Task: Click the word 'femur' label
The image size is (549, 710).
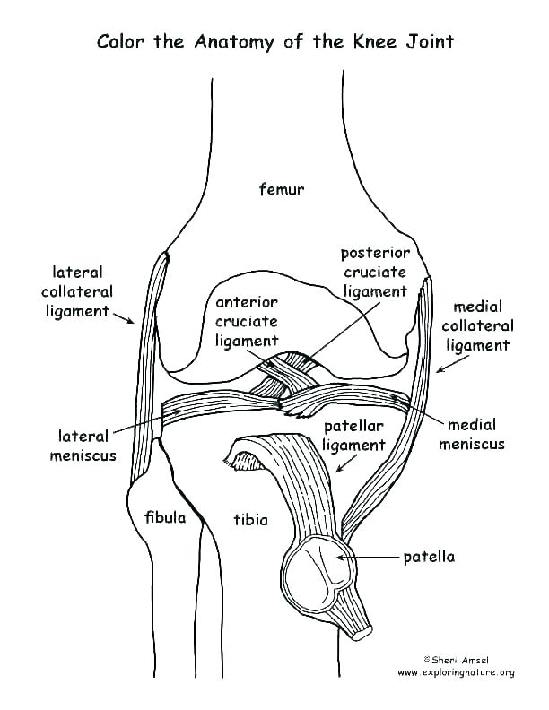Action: pos(282,189)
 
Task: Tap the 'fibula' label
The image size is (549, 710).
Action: pos(164,517)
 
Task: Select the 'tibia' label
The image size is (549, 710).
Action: pos(250,519)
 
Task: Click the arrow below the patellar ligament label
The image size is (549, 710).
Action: pos(343,463)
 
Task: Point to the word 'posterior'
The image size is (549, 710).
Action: pos(375,253)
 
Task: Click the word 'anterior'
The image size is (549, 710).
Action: pos(247,302)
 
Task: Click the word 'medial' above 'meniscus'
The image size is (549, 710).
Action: pos(471,424)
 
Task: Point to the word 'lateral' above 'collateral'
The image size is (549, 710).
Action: pos(78,272)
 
